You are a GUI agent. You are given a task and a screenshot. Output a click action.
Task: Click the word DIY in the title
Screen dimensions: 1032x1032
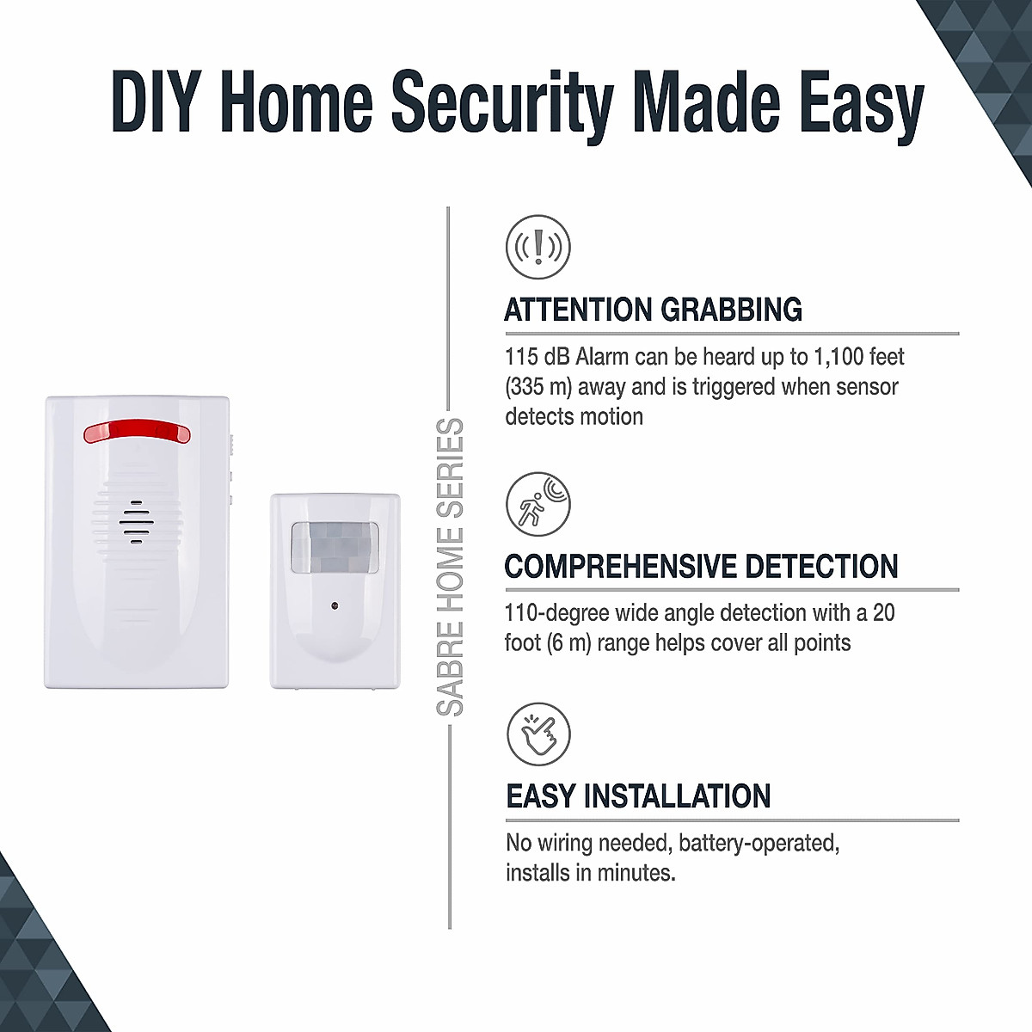157,101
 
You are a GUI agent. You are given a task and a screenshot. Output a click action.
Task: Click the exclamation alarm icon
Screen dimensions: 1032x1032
538,247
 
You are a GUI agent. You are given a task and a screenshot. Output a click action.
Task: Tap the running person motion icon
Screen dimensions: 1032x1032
538,504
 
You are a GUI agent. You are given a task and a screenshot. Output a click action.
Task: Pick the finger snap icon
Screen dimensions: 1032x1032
538,734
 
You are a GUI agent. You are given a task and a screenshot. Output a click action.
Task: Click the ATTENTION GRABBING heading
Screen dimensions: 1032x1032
653,310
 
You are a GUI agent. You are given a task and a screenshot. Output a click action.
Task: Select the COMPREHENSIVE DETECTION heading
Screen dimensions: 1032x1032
701,567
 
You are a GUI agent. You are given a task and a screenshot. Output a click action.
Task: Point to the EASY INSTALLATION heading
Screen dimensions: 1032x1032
638,796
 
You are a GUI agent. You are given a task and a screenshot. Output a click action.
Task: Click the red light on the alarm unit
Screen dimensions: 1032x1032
137,431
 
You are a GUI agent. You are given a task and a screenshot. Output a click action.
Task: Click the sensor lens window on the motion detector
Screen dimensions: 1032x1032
335,547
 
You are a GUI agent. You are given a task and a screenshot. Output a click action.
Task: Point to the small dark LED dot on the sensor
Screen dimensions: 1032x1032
335,606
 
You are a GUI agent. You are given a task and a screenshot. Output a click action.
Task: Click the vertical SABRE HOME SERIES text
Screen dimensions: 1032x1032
450,568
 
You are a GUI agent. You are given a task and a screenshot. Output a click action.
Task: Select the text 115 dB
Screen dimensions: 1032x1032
537,357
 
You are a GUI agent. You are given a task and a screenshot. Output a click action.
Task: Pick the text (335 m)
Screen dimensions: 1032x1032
538,387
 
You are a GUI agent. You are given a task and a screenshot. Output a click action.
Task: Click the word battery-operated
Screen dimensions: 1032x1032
759,843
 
